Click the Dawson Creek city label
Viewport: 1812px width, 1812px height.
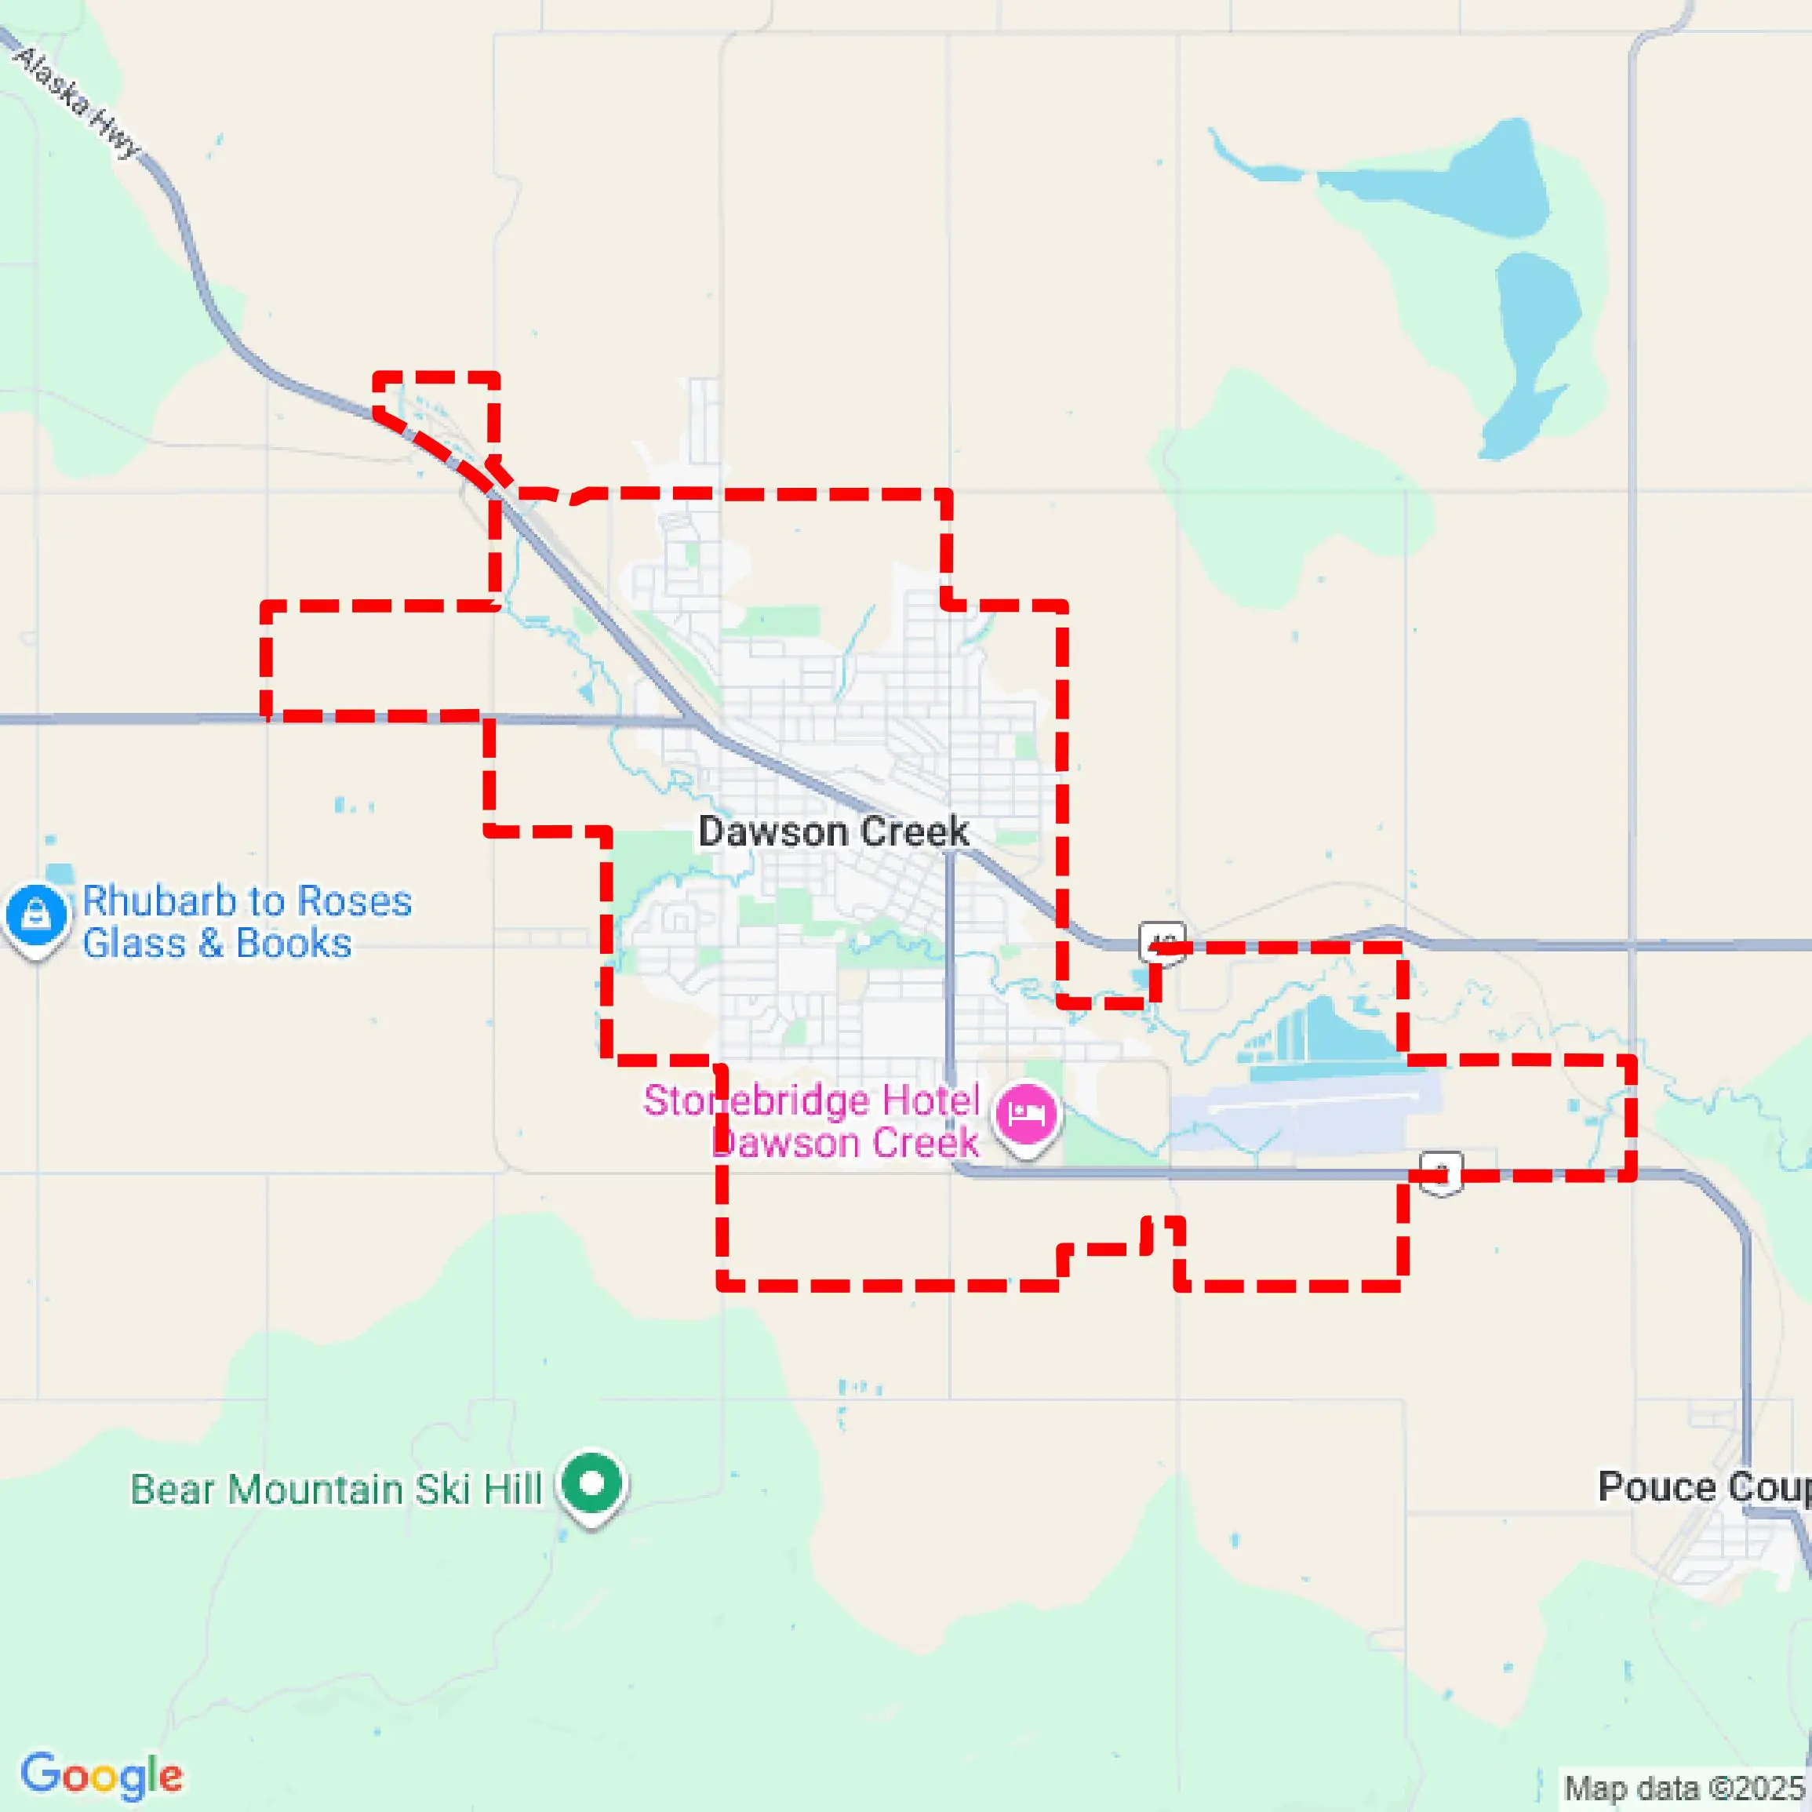coord(833,832)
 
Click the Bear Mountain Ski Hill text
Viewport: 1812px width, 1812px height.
coord(336,1490)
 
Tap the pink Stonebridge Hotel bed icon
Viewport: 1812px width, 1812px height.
coord(1027,1114)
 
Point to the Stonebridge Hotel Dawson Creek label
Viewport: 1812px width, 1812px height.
coord(811,1122)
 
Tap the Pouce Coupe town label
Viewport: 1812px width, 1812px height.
coord(1703,1486)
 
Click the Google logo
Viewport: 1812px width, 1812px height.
coord(101,1775)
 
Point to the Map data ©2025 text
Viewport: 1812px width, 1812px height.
coord(1684,1788)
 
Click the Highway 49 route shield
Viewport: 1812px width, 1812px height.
coord(1162,941)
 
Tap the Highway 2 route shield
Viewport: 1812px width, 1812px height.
coord(1441,1173)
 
